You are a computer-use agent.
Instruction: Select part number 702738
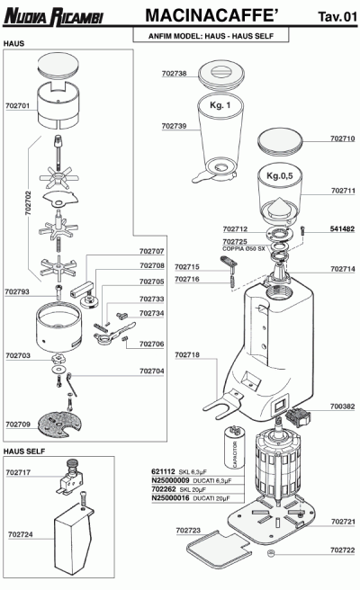175,73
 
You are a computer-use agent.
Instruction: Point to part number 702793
17,291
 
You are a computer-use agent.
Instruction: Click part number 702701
18,105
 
